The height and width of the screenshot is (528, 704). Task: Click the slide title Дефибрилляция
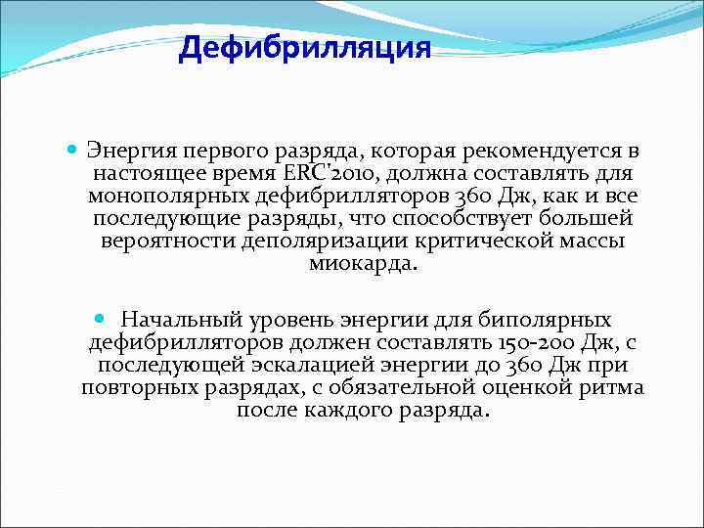coord(304,48)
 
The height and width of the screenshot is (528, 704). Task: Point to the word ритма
coord(613,388)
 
